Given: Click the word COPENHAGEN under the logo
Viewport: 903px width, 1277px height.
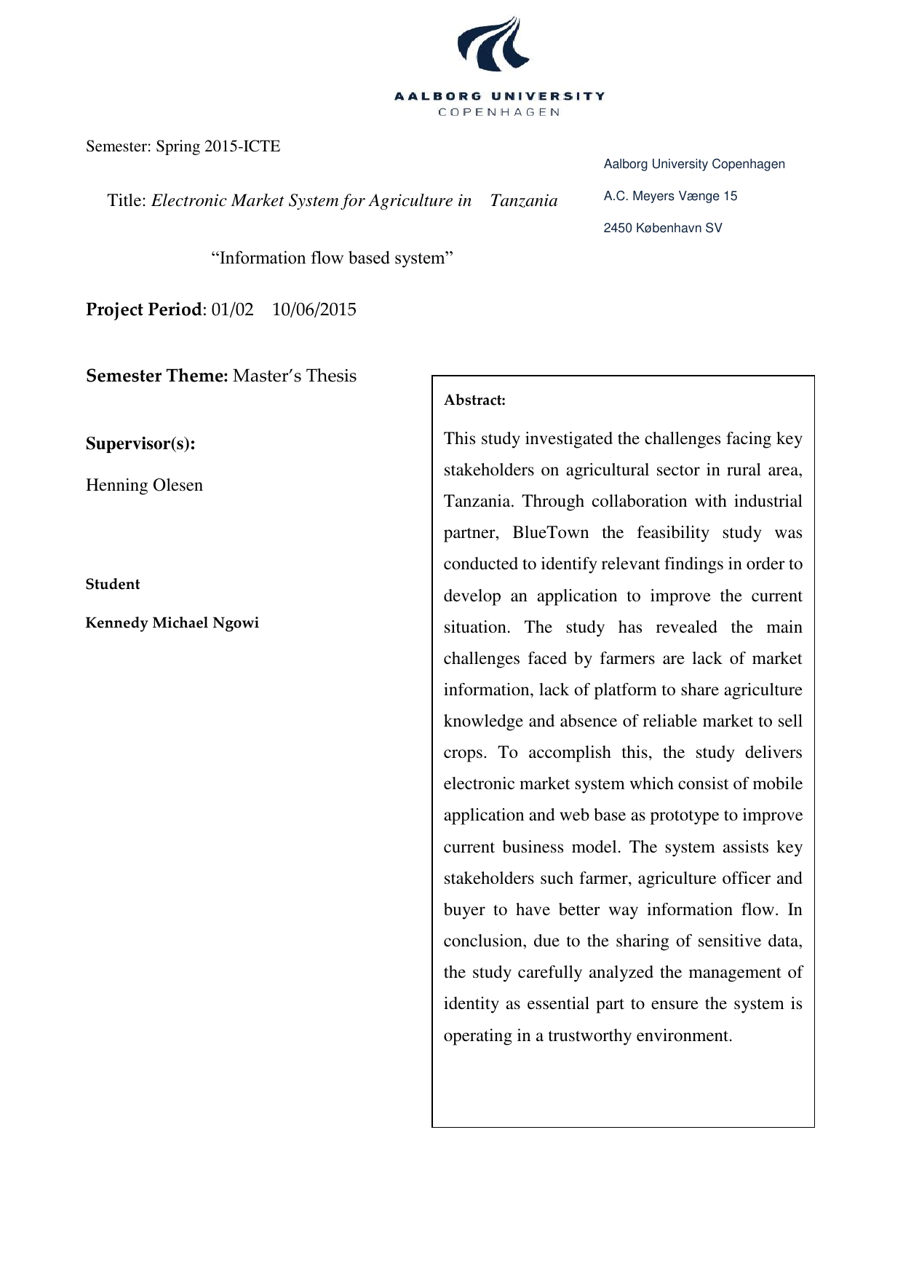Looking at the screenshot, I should click(499, 112).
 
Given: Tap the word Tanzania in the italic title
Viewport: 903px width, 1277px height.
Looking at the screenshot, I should click(523, 201).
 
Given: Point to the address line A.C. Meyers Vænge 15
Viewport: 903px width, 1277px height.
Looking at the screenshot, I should click(670, 196).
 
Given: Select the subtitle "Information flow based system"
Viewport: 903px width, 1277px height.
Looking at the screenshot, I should click(332, 258).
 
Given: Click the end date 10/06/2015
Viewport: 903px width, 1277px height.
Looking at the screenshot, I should click(314, 310).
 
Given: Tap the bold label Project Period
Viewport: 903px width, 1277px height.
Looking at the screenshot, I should click(143, 310).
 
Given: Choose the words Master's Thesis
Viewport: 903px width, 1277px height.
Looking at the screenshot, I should click(295, 376).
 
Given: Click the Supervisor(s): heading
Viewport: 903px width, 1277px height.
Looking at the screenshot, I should click(140, 444).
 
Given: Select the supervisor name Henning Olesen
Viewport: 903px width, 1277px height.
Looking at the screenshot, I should click(144, 486).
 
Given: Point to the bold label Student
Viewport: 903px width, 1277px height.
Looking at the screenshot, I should click(113, 585).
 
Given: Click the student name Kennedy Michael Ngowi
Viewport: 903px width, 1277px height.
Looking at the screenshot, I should click(172, 623).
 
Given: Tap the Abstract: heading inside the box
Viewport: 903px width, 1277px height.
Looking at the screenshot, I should click(474, 400).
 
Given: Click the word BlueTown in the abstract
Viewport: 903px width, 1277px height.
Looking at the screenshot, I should click(550, 533).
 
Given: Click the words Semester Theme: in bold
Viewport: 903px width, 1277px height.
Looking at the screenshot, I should click(157, 376).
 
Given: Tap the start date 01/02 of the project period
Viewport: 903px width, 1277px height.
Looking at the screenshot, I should click(232, 310).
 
